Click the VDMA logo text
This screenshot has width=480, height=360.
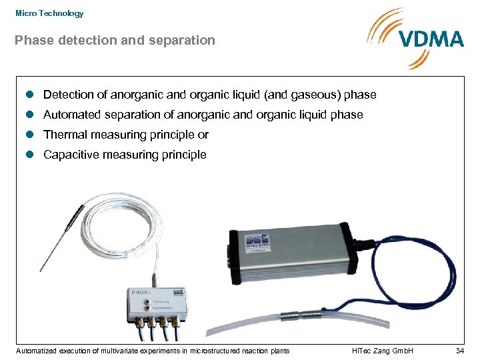tap(431, 38)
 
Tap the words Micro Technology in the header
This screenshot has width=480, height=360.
tap(49, 13)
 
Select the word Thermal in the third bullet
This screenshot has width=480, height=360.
tap(65, 135)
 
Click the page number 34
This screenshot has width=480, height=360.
tap(459, 351)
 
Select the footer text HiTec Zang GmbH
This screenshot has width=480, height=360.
tap(382, 351)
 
